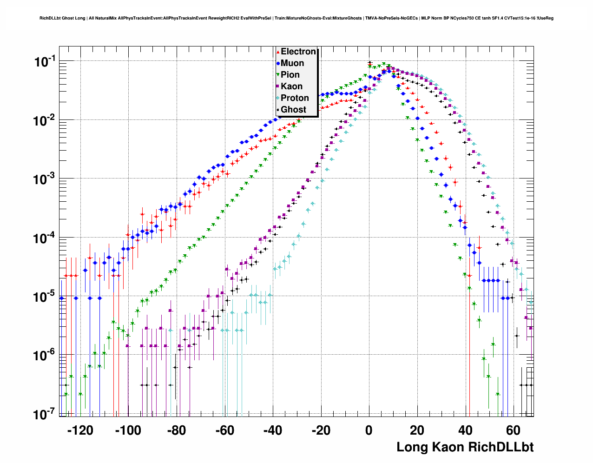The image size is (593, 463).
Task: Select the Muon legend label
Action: click(x=292, y=63)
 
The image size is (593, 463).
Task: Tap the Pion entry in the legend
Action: click(x=290, y=75)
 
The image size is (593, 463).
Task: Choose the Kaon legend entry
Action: click(x=291, y=86)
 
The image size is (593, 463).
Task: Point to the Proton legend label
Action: click(x=295, y=98)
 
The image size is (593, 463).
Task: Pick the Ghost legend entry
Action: click(x=293, y=110)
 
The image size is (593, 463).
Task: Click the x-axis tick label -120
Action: click(x=80, y=430)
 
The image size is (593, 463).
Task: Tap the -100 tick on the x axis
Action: click(x=128, y=430)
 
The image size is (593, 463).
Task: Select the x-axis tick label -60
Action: click(x=224, y=430)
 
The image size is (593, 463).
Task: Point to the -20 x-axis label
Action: click(x=321, y=430)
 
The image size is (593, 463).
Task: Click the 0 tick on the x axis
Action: click(x=369, y=430)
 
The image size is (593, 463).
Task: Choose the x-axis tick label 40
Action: click(x=465, y=430)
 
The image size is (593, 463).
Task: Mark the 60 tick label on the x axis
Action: click(x=513, y=430)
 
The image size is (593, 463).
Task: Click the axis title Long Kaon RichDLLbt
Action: click(x=465, y=447)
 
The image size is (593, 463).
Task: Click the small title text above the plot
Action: click(x=296, y=18)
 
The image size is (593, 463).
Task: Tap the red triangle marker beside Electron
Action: click(x=278, y=52)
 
